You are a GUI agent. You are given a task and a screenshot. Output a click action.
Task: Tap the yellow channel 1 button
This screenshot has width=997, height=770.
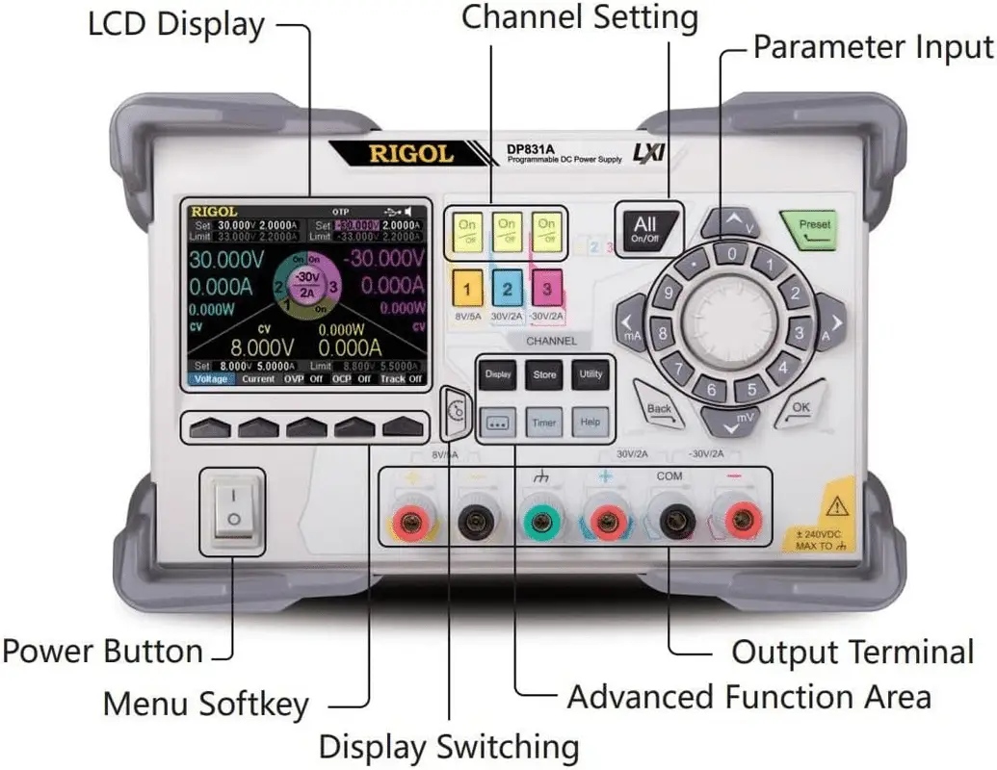coord(467,288)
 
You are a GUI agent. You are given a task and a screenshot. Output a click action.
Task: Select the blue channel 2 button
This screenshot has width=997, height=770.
coord(508,288)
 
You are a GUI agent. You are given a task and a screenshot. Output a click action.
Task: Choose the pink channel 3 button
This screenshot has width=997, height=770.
coord(547,288)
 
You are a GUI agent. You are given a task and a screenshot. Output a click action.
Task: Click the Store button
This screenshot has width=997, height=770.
coord(544,374)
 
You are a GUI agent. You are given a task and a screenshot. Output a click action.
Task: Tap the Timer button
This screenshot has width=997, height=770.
coord(544,422)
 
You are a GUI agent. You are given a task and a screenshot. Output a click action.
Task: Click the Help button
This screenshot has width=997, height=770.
coord(590,422)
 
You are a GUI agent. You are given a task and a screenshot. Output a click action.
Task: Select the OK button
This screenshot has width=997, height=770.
coord(800,408)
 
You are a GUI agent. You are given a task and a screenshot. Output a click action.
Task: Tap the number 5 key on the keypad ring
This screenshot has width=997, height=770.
coord(752,390)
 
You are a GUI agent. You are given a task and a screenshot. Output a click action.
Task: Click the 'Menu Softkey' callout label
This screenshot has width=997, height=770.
coord(205,704)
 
